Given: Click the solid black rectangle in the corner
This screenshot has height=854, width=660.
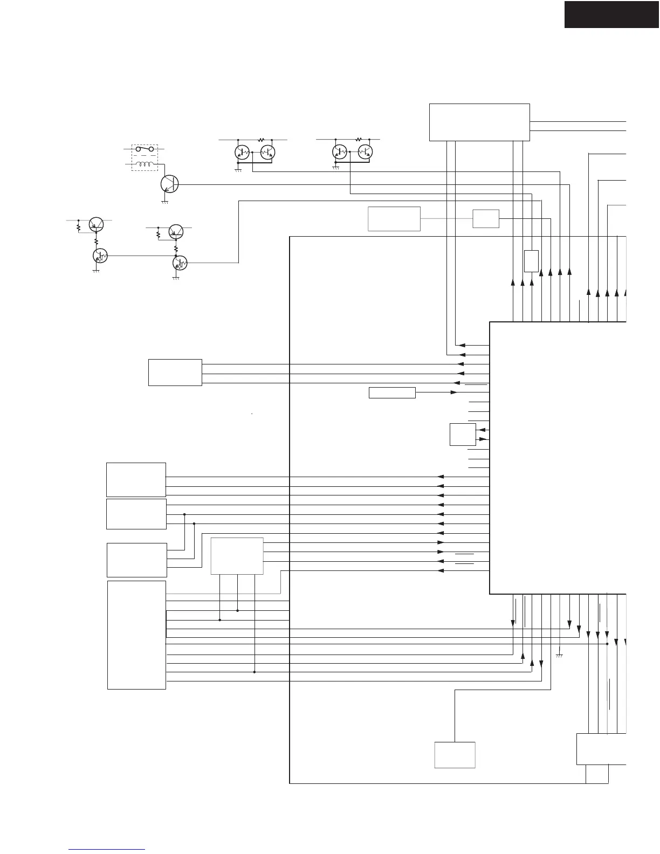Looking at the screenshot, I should pyautogui.click(x=611, y=14).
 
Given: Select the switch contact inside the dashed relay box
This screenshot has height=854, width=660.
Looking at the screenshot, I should pyautogui.click(x=145, y=149).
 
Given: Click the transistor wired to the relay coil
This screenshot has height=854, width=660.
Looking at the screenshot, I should pyautogui.click(x=169, y=183).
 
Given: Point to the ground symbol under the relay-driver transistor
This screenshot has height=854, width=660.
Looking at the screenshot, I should pyautogui.click(x=165, y=202).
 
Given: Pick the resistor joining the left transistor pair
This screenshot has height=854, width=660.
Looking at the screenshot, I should pyautogui.click(x=262, y=140).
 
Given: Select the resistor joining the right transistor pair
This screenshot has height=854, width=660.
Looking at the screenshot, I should pyautogui.click(x=359, y=140).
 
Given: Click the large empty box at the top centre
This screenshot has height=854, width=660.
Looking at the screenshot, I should pyautogui.click(x=479, y=122).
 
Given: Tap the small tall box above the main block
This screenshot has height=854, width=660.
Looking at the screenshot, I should pyautogui.click(x=531, y=261).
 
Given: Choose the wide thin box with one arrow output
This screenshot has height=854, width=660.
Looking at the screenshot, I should pyautogui.click(x=392, y=392).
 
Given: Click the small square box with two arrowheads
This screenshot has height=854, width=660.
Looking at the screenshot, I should pyautogui.click(x=463, y=435).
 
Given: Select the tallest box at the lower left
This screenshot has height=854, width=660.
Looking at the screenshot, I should pyautogui.click(x=136, y=635).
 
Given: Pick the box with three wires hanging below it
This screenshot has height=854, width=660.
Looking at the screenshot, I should pyautogui.click(x=237, y=556).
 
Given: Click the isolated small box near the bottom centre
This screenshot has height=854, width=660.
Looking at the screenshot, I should pyautogui.click(x=455, y=755).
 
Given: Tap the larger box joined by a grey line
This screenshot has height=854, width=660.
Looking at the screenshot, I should pyautogui.click(x=394, y=218).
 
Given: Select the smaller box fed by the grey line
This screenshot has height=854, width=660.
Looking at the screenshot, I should pyautogui.click(x=486, y=218).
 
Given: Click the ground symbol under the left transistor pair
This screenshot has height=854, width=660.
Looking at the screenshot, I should pyautogui.click(x=237, y=170).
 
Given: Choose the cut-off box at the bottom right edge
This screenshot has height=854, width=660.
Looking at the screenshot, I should pyautogui.click(x=601, y=749).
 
